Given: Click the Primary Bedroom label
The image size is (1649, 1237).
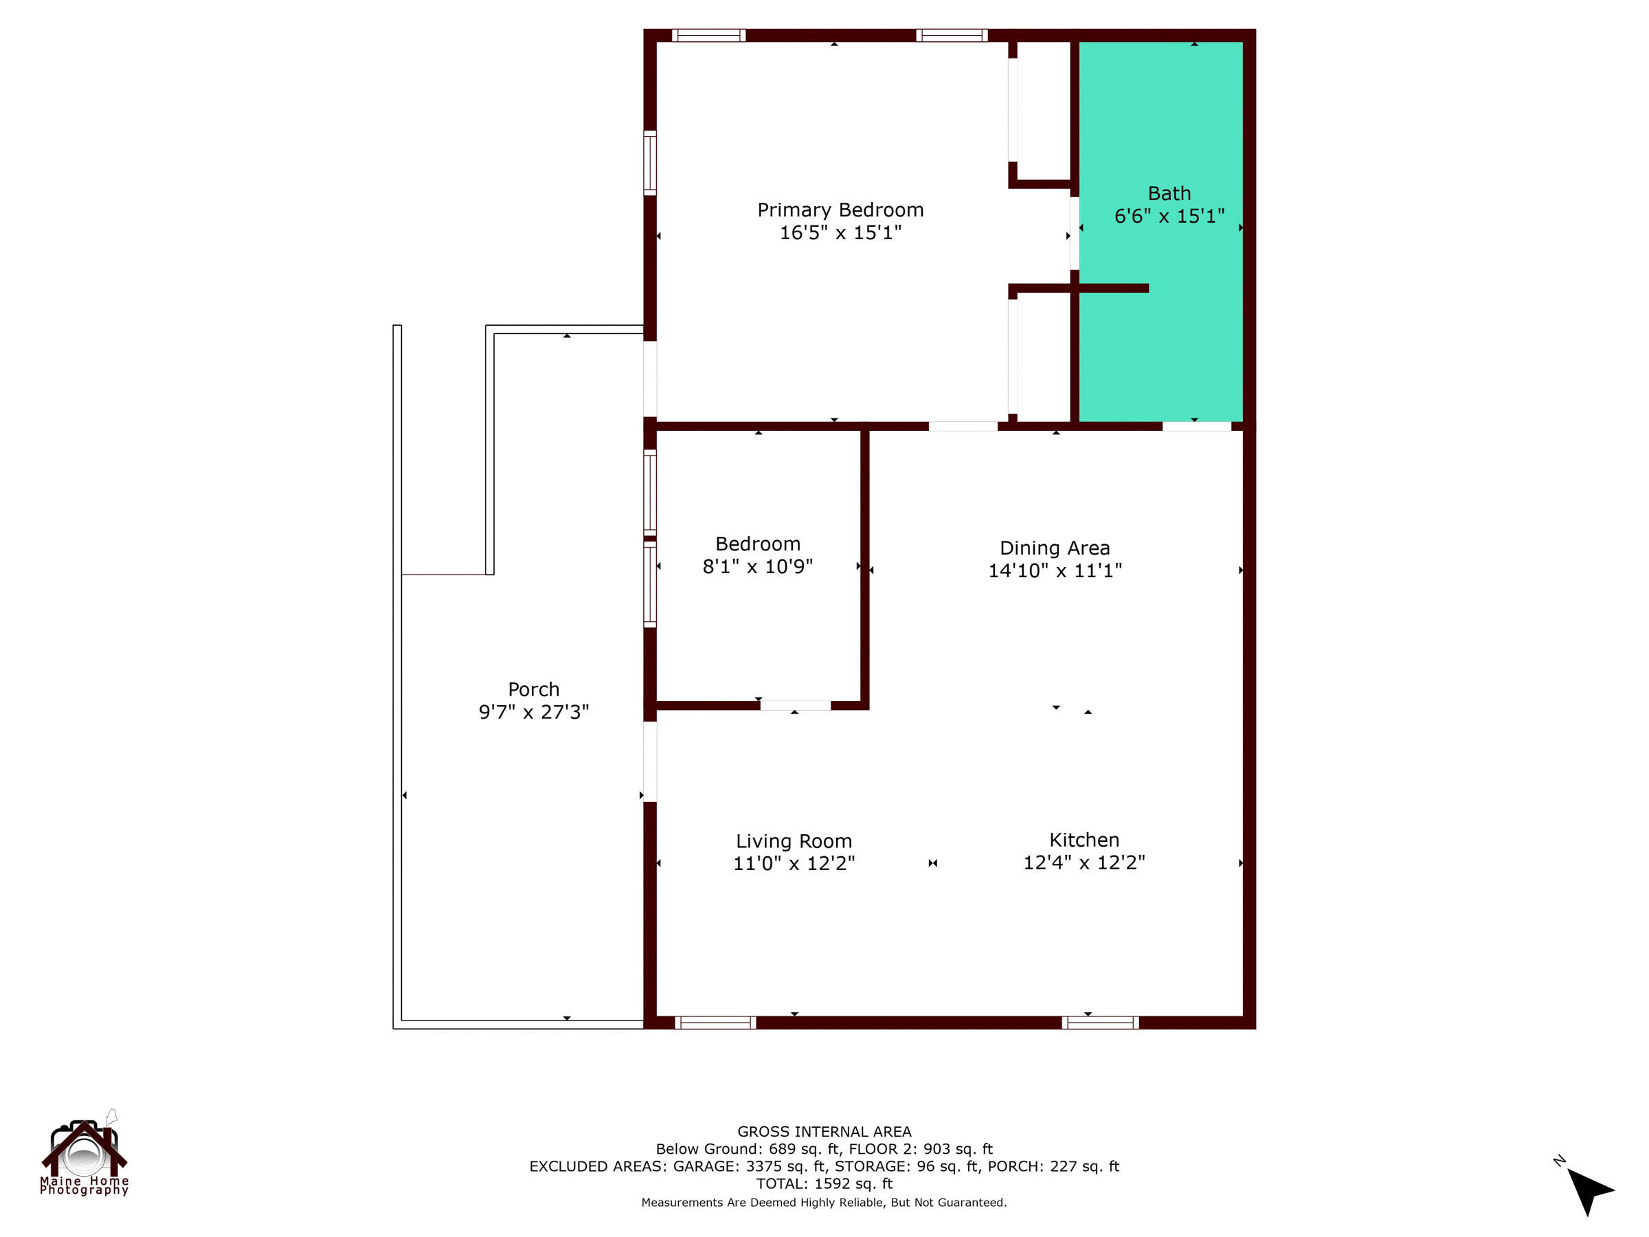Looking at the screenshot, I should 840,210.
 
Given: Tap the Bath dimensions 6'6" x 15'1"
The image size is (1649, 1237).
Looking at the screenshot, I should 1169,216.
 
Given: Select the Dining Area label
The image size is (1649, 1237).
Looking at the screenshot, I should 1054,548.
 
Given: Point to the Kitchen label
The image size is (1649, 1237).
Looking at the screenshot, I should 1084,840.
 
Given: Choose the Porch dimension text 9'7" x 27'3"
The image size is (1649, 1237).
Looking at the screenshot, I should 533,712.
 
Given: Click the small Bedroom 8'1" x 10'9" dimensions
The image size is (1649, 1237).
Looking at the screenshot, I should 757,567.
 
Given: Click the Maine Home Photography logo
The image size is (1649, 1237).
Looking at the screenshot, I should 85,1155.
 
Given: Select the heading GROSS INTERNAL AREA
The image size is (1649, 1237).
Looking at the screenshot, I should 824,1132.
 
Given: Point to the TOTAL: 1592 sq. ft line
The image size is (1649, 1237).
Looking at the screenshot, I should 824,1184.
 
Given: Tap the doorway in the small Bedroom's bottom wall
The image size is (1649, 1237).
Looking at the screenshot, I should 795,705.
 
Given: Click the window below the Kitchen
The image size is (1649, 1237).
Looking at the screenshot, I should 1099,1023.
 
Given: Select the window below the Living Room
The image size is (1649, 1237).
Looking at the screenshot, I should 715,1023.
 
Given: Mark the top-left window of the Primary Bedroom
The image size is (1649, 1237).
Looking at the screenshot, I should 708,35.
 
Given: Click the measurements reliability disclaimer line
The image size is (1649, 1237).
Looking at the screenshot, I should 824,1203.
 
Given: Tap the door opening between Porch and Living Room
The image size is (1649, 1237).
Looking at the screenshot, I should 649,761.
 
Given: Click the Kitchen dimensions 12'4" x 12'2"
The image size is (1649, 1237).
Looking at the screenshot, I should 1084,862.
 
